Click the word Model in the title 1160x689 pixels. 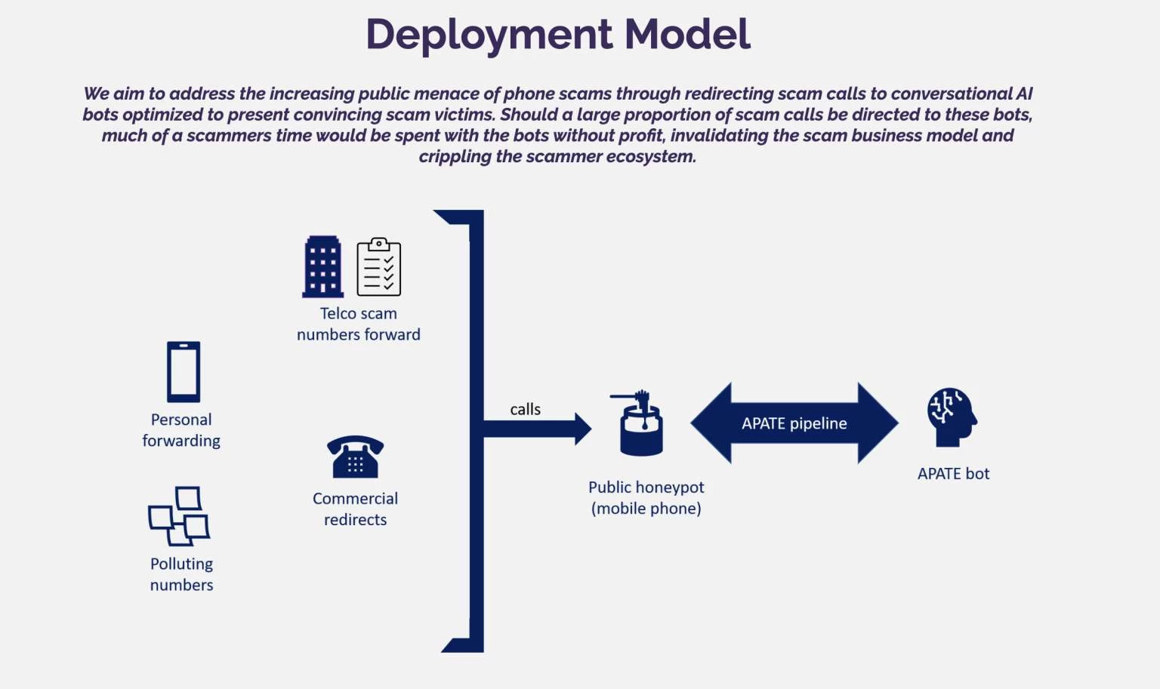tap(687, 35)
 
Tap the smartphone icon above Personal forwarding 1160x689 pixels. tap(184, 371)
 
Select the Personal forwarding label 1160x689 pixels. tap(181, 430)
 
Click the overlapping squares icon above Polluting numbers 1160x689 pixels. tap(179, 515)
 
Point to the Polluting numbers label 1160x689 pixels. tap(181, 574)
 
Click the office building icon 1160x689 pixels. tap(322, 266)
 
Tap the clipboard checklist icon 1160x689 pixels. tap(378, 266)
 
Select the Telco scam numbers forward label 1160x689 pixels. tap(358, 324)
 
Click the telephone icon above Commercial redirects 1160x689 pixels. tap(355, 457)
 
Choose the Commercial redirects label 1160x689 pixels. tap(355, 509)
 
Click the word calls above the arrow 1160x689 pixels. tap(525, 409)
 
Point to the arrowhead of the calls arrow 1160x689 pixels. tap(582, 429)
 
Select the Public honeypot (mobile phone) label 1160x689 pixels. tap(646, 498)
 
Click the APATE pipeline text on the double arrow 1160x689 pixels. tap(794, 423)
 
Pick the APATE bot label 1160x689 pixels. tap(953, 474)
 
